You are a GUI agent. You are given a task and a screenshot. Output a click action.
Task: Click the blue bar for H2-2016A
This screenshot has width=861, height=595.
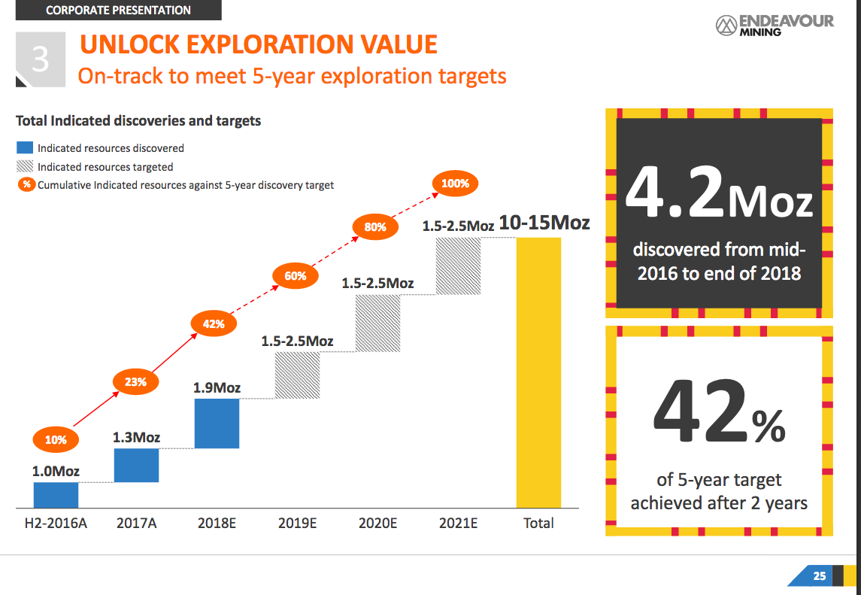click(56, 495)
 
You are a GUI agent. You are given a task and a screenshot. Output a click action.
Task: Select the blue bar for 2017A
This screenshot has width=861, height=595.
click(136, 466)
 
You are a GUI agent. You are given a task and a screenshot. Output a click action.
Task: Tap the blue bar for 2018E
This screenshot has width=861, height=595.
click(217, 423)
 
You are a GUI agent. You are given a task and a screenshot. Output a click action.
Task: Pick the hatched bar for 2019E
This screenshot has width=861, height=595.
click(297, 375)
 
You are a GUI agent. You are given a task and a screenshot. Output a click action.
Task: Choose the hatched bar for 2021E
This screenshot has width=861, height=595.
click(459, 266)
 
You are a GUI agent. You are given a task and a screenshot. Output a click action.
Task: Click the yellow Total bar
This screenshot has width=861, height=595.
click(538, 373)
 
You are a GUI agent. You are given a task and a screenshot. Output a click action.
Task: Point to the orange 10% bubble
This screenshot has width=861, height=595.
click(56, 439)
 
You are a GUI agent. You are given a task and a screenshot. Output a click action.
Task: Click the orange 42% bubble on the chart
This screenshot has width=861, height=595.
click(214, 323)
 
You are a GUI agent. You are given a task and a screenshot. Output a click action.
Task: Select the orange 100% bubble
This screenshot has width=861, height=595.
click(455, 184)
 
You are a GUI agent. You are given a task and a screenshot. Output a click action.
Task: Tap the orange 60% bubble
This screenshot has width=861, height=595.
click(296, 275)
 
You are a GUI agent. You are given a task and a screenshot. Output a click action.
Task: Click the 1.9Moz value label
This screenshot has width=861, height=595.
click(217, 388)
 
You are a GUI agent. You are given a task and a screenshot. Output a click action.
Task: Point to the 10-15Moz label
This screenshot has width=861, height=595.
click(544, 223)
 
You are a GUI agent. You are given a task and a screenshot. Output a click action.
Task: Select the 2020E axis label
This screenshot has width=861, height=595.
click(377, 523)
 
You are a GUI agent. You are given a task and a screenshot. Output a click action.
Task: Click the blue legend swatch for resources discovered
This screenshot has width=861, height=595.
click(25, 147)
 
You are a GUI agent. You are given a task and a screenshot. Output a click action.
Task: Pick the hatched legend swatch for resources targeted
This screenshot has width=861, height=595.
click(25, 166)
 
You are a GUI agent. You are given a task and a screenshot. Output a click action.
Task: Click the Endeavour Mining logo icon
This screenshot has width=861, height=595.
click(726, 26)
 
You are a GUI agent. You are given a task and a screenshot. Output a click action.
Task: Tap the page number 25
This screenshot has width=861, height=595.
click(820, 575)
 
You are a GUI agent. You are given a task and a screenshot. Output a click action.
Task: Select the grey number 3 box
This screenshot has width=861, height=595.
click(41, 59)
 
